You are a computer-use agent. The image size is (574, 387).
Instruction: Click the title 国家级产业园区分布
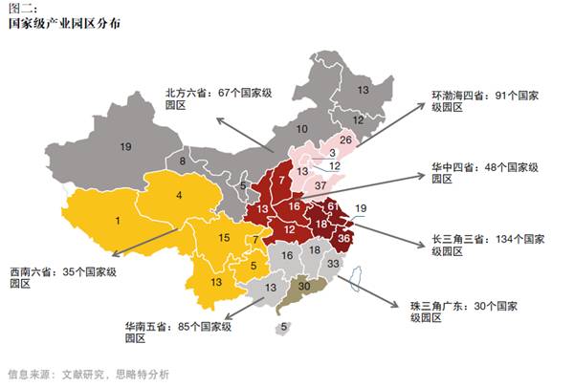[x=59, y=26]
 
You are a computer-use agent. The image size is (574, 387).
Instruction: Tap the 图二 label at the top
[x=21, y=10]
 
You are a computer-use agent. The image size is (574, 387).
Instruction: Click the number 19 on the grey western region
[x=125, y=146]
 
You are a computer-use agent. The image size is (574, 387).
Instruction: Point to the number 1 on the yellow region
[x=118, y=221]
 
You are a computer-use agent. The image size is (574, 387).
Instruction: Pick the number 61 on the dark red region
[x=332, y=206]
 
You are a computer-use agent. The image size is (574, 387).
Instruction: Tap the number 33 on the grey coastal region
[x=334, y=263]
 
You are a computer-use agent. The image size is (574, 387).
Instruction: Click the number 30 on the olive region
[x=304, y=285]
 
